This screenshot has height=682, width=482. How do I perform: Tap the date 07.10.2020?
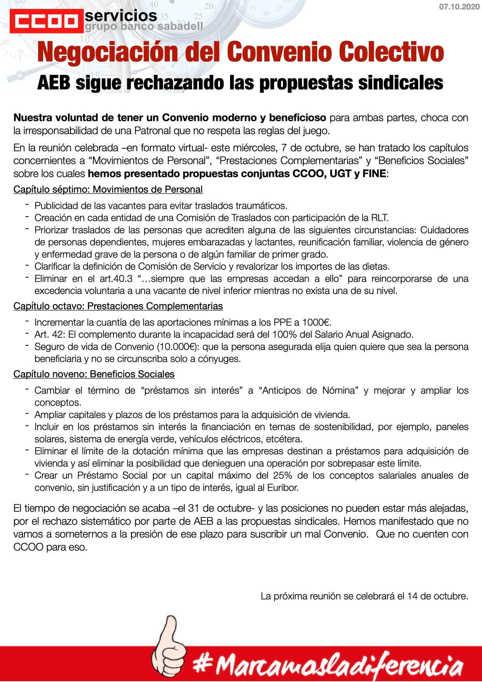point(459,7)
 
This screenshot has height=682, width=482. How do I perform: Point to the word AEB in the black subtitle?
point(54,83)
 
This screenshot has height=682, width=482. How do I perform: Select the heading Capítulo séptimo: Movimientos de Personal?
point(108,189)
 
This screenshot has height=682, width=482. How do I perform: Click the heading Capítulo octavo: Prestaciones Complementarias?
point(118,306)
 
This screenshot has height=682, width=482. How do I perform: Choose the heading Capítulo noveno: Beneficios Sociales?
point(94,374)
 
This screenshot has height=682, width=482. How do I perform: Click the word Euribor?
point(282,488)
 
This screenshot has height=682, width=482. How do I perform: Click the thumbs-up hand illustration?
point(168,645)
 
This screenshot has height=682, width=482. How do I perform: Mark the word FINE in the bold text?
point(374,173)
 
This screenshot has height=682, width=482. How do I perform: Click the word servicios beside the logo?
point(121,16)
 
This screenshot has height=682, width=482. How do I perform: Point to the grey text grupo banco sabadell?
point(144,27)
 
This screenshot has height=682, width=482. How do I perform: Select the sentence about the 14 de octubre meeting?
point(364,596)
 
